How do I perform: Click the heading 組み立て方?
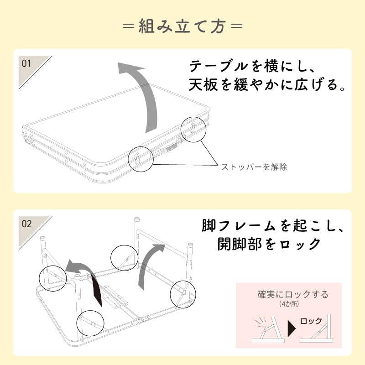pyautogui.click(x=182, y=26)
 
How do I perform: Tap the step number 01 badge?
pyautogui.click(x=27, y=63)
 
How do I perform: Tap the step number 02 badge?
pyautogui.click(x=27, y=224)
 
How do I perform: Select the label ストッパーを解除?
pyautogui.click(x=254, y=167)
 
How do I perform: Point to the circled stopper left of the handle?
pyautogui.click(x=141, y=159)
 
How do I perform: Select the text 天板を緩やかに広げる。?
pyautogui.click(x=267, y=85)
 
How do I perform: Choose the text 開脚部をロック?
pyautogui.click(x=270, y=244)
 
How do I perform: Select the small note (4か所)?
pyautogui.click(x=292, y=304)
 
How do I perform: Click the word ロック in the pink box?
pyautogui.click(x=311, y=321)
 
